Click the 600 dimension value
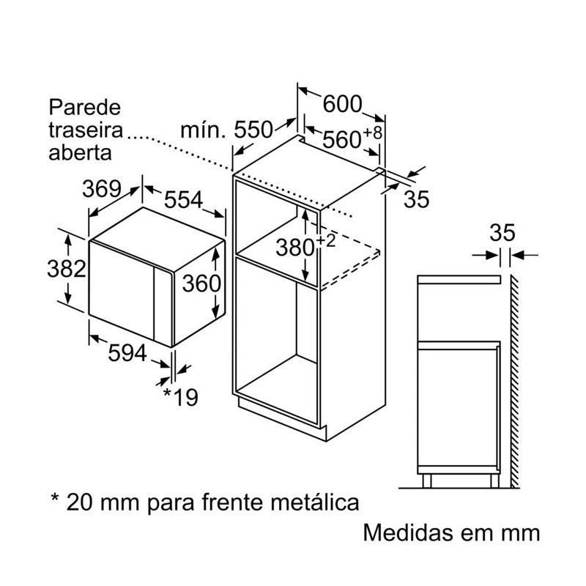click(x=342, y=104)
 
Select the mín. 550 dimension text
click(x=226, y=130)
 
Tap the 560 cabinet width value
click(x=341, y=140)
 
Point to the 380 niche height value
click(x=295, y=248)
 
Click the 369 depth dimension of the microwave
click(x=102, y=189)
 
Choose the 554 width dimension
click(x=184, y=199)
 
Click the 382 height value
click(x=67, y=268)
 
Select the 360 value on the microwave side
click(x=201, y=283)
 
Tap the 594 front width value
click(x=127, y=353)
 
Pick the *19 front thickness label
click(x=181, y=397)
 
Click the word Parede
click(x=85, y=108)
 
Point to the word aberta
click(x=81, y=152)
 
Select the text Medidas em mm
click(x=451, y=533)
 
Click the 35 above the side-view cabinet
click(x=502, y=233)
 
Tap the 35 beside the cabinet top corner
click(x=416, y=199)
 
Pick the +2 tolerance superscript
click(x=326, y=240)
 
